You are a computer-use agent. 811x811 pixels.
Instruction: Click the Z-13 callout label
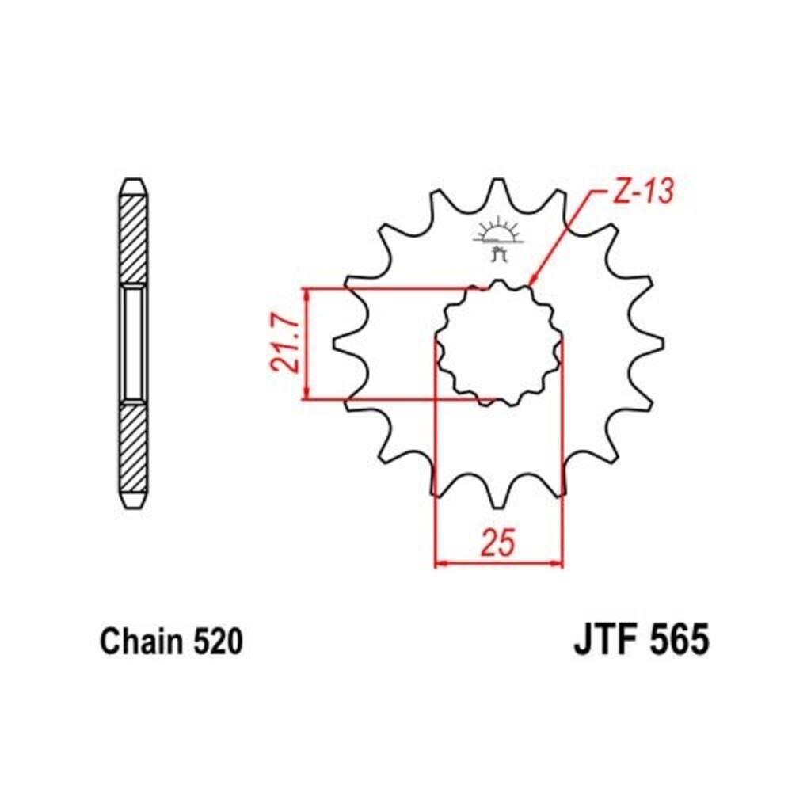(643, 192)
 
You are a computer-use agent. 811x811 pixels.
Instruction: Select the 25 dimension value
(498, 542)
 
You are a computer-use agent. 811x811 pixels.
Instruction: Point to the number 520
(218, 642)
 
